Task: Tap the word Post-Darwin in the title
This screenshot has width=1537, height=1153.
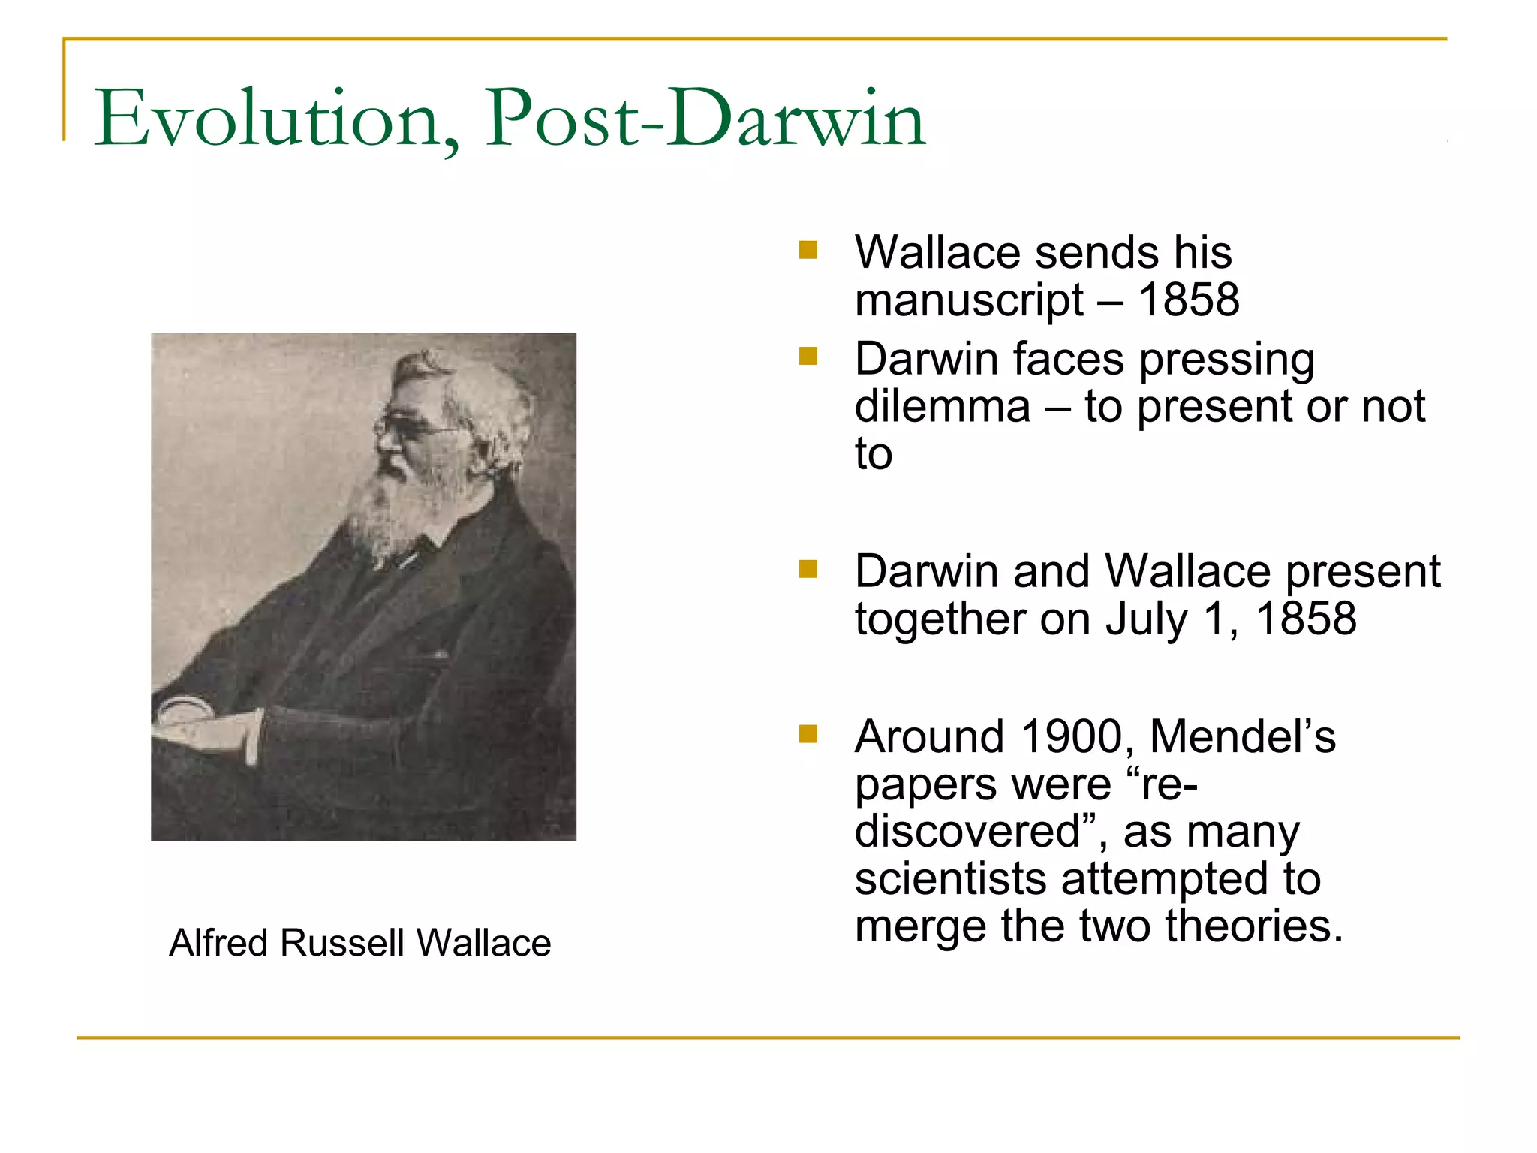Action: [705, 119]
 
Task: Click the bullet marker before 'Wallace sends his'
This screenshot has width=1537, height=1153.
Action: [808, 250]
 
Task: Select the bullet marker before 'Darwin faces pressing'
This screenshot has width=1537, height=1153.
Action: [808, 356]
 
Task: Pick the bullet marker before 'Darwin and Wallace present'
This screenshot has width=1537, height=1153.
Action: [808, 569]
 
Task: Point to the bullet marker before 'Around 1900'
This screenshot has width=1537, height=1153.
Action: [808, 733]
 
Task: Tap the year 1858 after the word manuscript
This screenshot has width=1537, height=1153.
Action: [1189, 300]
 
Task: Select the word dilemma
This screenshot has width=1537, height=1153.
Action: [943, 407]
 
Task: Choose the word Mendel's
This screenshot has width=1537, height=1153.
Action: [1243, 736]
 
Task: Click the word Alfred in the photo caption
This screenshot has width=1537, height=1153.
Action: [218, 943]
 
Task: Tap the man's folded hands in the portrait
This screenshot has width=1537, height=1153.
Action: [203, 724]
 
